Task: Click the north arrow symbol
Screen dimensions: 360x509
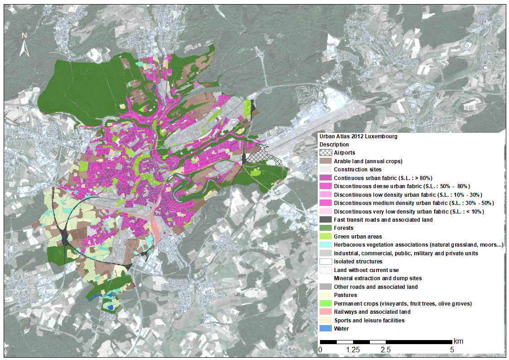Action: tap(24, 45)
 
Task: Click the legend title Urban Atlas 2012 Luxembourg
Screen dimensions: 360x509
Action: tap(358, 136)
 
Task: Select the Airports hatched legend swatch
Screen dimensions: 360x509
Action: tap(325, 153)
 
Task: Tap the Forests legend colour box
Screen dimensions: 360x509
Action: tap(325, 228)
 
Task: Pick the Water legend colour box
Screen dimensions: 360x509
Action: tap(325, 329)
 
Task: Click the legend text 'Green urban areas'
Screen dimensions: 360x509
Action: tap(358, 237)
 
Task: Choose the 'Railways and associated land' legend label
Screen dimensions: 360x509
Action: tap(372, 312)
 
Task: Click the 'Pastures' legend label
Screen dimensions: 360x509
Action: tap(345, 295)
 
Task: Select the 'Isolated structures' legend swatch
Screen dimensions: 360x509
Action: tap(325, 262)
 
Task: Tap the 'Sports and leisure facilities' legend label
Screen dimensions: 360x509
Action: tap(369, 321)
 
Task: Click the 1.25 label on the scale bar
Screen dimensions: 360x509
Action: tap(353, 350)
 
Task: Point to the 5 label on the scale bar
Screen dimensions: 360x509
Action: tap(451, 350)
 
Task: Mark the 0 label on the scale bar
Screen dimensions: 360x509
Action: tap(320, 350)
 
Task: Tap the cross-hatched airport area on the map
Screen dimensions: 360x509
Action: tap(267, 158)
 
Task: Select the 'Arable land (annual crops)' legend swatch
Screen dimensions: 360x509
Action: tap(325, 161)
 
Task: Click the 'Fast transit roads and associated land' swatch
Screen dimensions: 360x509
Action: tap(325, 220)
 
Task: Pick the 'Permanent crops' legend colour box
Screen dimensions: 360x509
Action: tap(325, 303)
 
